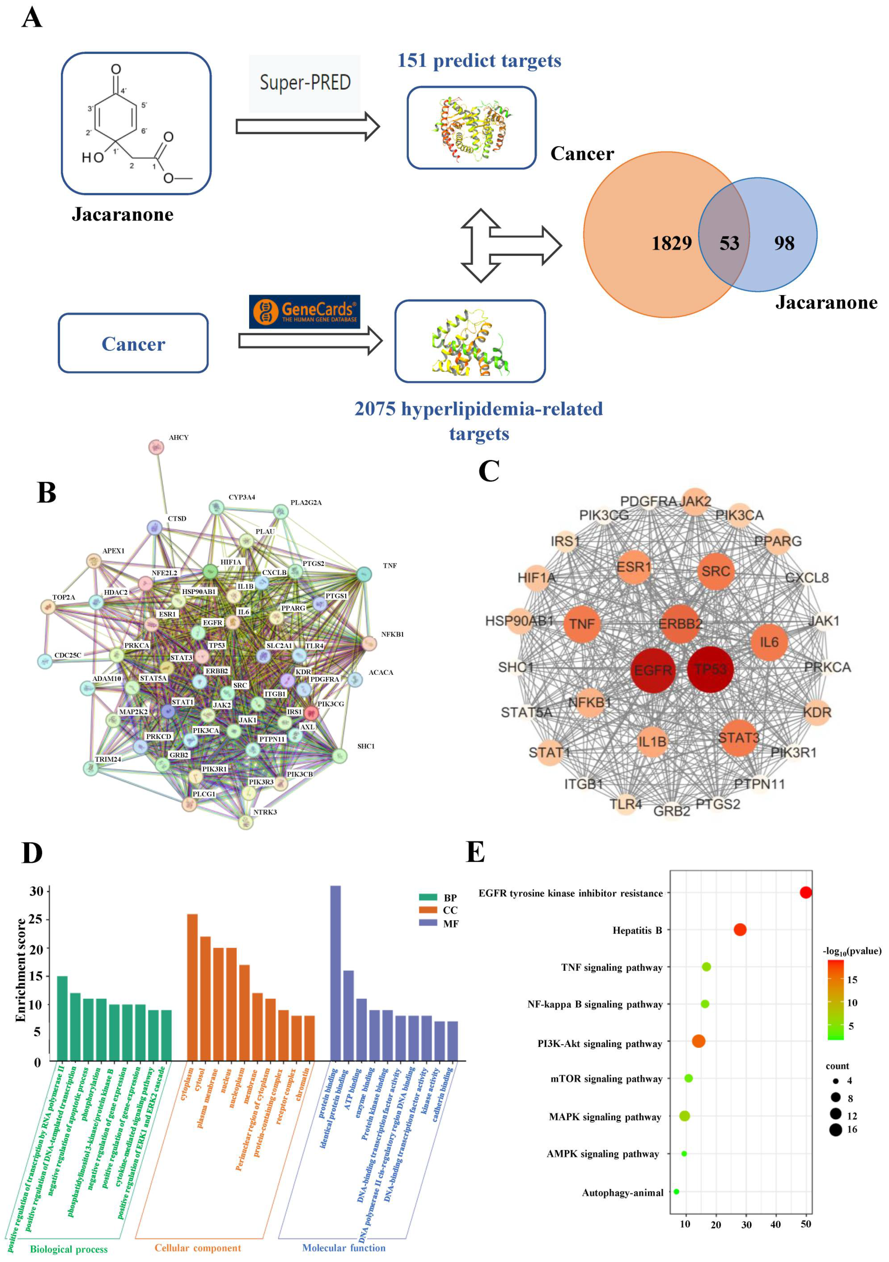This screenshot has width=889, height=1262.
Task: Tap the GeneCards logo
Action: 304,312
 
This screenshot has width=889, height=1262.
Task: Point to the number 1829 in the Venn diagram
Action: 671,243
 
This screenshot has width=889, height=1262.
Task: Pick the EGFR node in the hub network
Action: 653,670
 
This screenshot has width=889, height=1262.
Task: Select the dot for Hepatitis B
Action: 740,929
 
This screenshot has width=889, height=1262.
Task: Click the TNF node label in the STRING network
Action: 390,566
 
